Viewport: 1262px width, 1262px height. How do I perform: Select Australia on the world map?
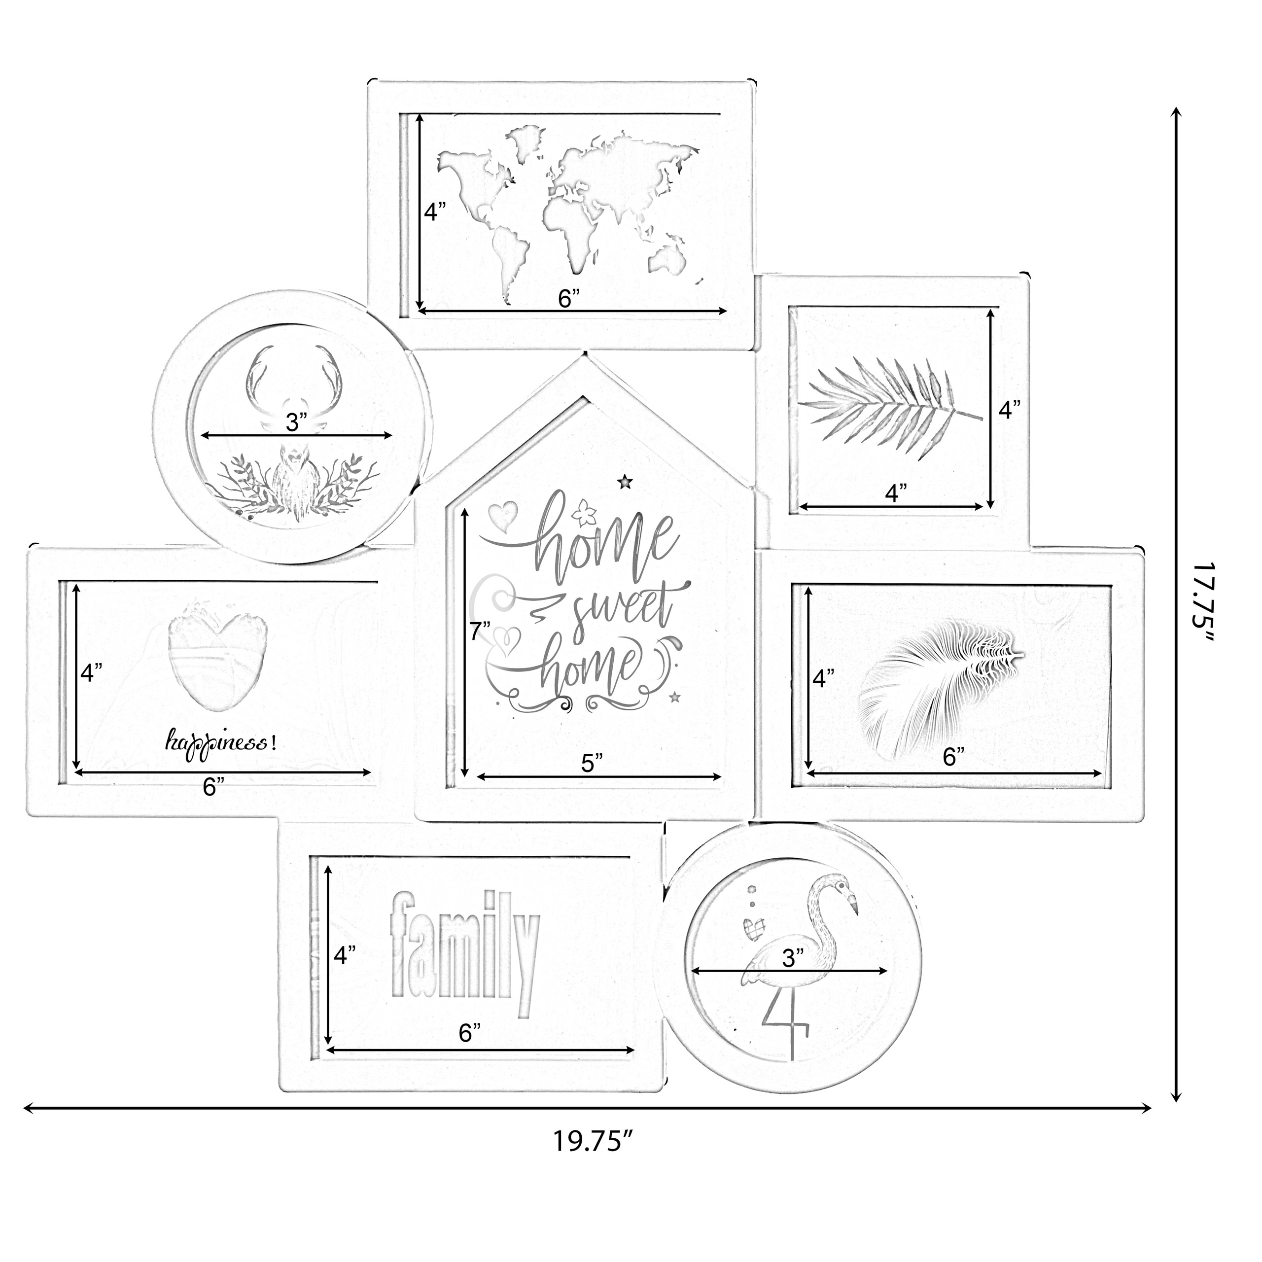click(668, 259)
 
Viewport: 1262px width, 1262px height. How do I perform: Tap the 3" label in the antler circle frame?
click(296, 422)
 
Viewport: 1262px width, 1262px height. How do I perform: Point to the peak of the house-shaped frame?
click(586, 355)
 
